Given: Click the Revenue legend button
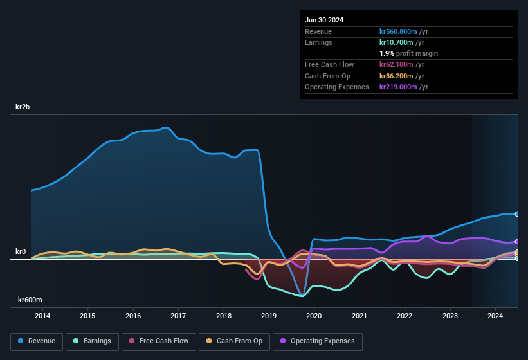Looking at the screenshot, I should pos(37,341).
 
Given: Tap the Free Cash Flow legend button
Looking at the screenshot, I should pos(158,341).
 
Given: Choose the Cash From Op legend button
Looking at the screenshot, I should pos(233,341).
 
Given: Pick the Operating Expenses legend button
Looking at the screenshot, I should pos(318,341).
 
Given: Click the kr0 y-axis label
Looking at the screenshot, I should pos(21,251).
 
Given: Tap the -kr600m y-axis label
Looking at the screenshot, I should pos(29,300).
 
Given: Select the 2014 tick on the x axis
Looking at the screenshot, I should pos(42,316).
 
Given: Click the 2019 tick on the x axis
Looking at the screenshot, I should pos(269,316).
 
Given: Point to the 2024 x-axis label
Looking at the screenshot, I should pos(495,316).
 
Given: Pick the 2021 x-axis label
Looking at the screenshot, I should pos(360,316).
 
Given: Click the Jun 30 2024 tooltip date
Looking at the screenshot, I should pos(324,20).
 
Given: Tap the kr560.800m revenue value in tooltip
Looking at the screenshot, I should pos(404,32).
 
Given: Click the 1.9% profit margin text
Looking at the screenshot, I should pos(408,53).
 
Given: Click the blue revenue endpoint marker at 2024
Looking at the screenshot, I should pos(516,214).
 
